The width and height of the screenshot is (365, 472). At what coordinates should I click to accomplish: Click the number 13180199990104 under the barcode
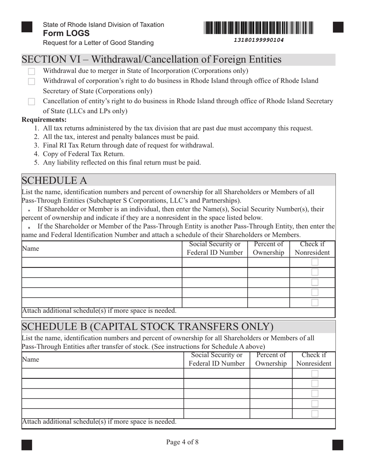click(259, 40)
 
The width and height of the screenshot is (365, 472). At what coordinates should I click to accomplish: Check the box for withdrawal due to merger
click(32, 71)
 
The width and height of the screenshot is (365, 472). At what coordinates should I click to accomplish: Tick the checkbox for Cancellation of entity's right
click(32, 102)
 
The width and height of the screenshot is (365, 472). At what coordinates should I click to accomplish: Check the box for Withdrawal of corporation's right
click(32, 81)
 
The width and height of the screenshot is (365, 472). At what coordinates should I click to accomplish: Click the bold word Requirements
click(44, 120)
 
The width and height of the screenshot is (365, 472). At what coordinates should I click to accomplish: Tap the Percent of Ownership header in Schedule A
click(269, 248)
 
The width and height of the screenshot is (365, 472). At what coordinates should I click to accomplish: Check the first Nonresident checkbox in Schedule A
click(315, 262)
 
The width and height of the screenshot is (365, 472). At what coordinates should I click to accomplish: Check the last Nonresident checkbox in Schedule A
click(315, 302)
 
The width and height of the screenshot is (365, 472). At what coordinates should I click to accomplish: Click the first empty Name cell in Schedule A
click(101, 262)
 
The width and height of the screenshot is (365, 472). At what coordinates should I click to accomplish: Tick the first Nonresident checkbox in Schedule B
click(315, 373)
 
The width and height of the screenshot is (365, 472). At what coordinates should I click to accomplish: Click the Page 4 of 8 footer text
click(182, 442)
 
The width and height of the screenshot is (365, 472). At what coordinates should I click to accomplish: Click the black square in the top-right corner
click(338, 27)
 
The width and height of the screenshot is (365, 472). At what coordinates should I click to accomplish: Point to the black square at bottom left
click(27, 445)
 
